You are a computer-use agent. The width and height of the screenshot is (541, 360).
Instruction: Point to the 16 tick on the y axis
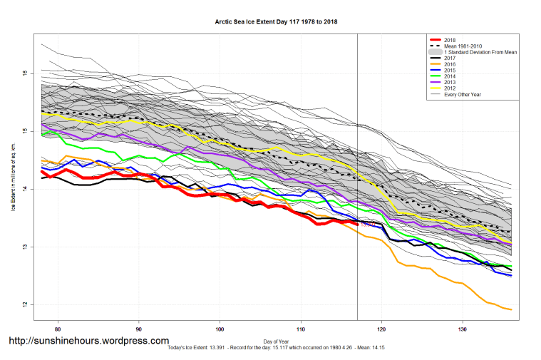coord(25,73)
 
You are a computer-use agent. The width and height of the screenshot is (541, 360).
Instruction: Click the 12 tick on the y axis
coord(25,305)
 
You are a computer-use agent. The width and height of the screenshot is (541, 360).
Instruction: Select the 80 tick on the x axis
coord(57,329)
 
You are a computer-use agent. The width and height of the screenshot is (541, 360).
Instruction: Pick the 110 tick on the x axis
coord(301,329)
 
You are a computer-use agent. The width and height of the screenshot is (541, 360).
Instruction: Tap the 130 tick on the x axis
coord(463,329)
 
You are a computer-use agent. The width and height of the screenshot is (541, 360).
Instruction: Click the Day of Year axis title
coord(277,341)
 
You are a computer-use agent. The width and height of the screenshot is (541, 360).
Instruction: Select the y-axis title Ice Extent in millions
coord(12,189)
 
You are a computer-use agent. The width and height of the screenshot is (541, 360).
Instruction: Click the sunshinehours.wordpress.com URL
coord(88,341)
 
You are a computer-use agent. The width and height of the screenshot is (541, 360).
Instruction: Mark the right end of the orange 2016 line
coord(511,309)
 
